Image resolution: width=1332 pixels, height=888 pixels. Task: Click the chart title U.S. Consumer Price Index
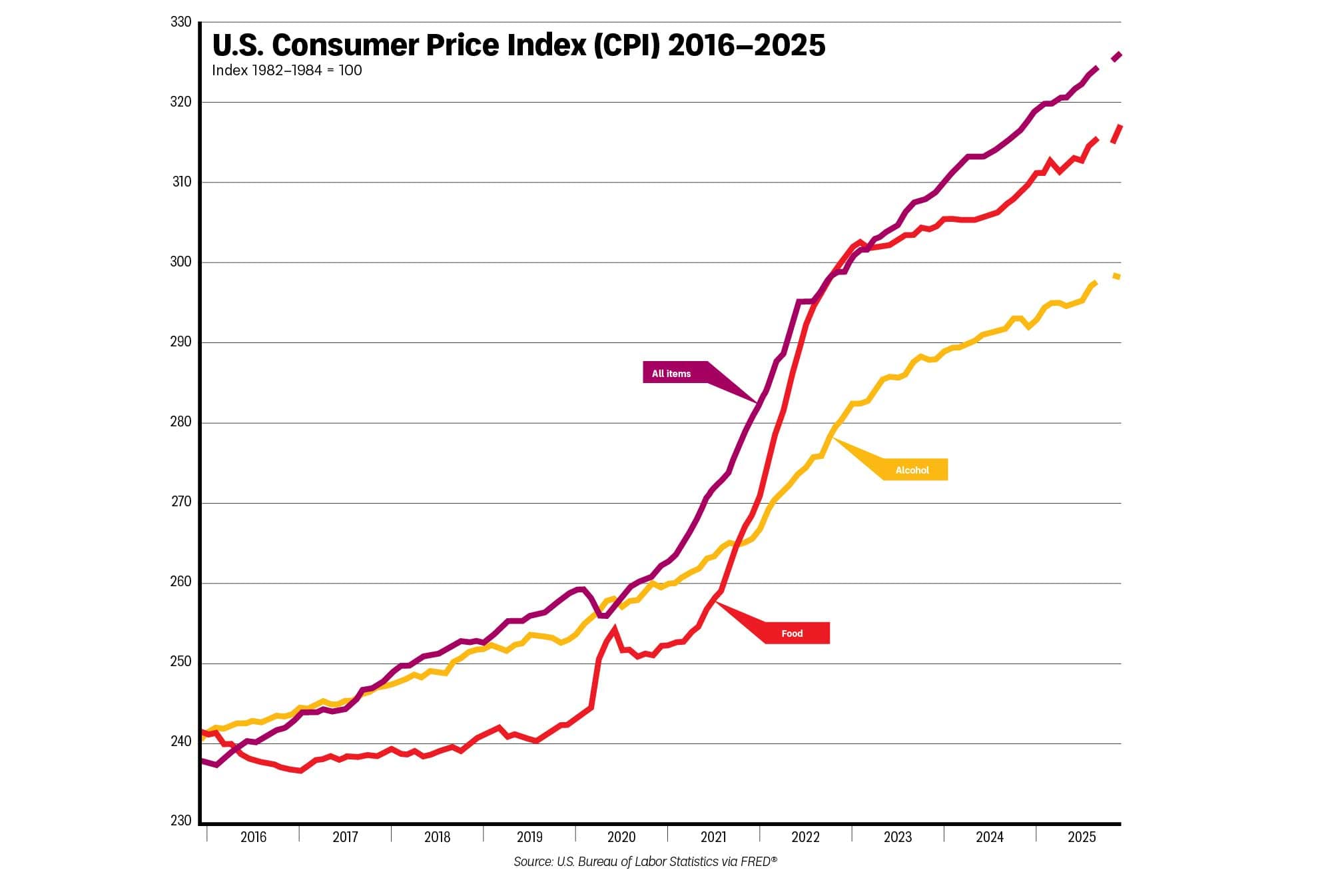coord(518,45)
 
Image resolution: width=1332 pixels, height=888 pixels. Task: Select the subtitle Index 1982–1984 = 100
coord(286,71)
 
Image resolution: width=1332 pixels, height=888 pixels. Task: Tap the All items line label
coord(671,374)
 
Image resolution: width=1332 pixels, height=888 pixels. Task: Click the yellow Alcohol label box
coord(912,470)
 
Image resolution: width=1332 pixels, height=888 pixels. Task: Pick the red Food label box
coord(792,634)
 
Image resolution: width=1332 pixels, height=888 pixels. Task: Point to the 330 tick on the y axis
coord(180,22)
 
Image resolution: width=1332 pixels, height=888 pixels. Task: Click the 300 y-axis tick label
coord(180,262)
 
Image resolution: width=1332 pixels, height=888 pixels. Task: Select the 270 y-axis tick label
coord(180,502)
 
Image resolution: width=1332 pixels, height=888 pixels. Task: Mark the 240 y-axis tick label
coord(180,741)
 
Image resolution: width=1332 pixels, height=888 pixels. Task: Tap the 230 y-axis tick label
coord(180,821)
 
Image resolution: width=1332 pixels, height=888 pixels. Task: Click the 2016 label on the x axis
coord(253,837)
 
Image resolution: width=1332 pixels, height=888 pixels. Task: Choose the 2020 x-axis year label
coord(621,837)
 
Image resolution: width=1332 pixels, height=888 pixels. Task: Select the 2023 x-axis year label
coord(897,837)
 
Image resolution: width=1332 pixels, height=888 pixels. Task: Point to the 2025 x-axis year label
coord(1081,837)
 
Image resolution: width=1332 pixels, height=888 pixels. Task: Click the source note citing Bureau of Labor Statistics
coord(645,862)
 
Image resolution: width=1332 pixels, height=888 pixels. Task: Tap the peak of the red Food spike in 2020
coord(614,628)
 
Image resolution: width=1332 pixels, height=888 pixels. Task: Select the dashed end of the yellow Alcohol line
coord(1116,276)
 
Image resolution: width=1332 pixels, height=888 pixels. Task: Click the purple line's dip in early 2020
coord(603,616)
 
